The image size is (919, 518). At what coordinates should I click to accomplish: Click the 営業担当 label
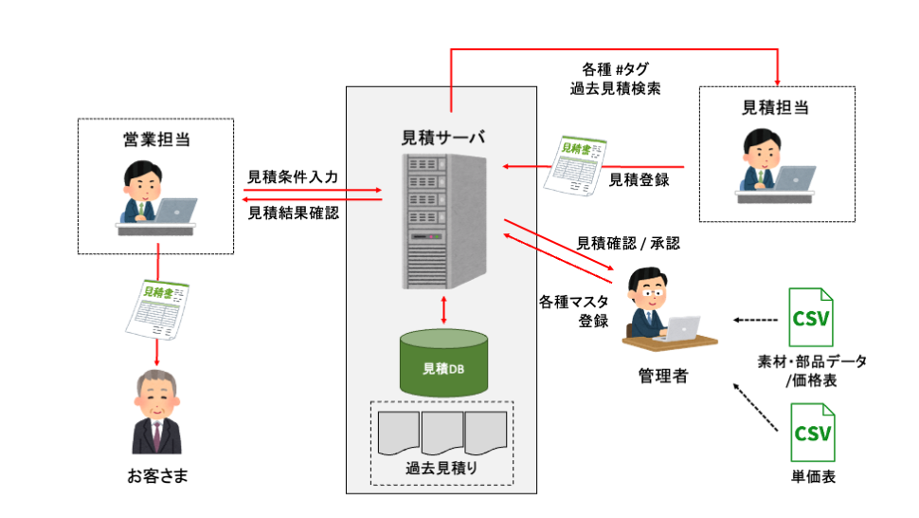[155, 139]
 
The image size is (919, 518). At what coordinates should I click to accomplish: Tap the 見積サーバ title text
[443, 137]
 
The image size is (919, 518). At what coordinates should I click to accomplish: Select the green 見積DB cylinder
[443, 362]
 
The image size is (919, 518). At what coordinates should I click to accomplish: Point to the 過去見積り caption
[441, 468]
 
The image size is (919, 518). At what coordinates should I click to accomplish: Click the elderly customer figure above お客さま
[156, 412]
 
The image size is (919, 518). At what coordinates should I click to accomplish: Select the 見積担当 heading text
[776, 107]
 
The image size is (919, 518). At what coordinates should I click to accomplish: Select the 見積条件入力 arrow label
[293, 176]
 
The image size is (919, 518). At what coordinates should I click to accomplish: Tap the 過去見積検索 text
[615, 88]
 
